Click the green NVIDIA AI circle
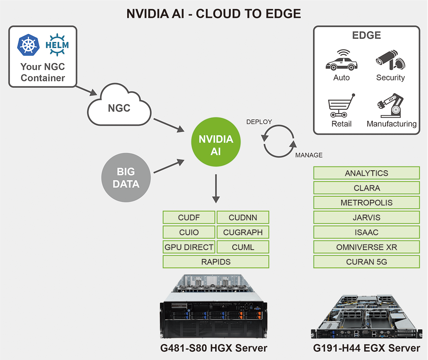coord(216,142)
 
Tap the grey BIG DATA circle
coord(126,178)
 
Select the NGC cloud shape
coord(119,107)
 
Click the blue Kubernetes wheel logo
coord(28,45)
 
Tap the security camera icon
coord(390,59)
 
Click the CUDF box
coord(189,217)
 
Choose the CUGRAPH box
coord(243,232)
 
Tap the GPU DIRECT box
coord(189,247)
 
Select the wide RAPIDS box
coord(216,262)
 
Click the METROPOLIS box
coord(367,203)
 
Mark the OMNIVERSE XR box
coord(367,247)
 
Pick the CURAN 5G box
coord(367,262)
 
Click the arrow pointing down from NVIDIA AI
coord(216,188)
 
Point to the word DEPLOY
coord(259,122)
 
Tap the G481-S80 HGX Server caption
coord(214,348)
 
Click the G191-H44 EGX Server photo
coord(366,317)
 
